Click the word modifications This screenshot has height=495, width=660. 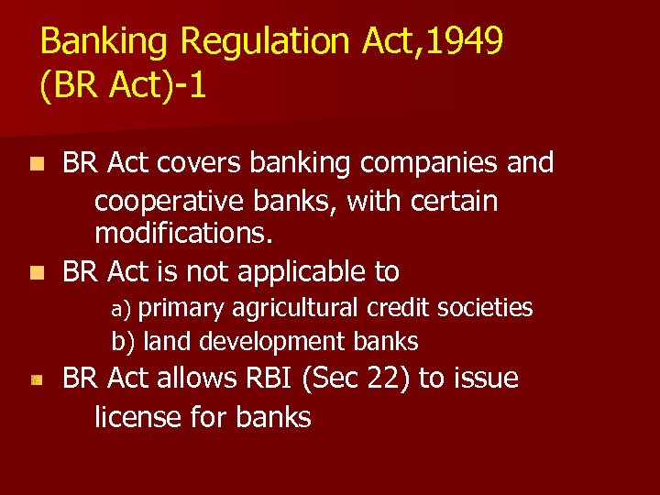click(x=183, y=234)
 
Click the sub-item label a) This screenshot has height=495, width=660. click(x=123, y=309)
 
